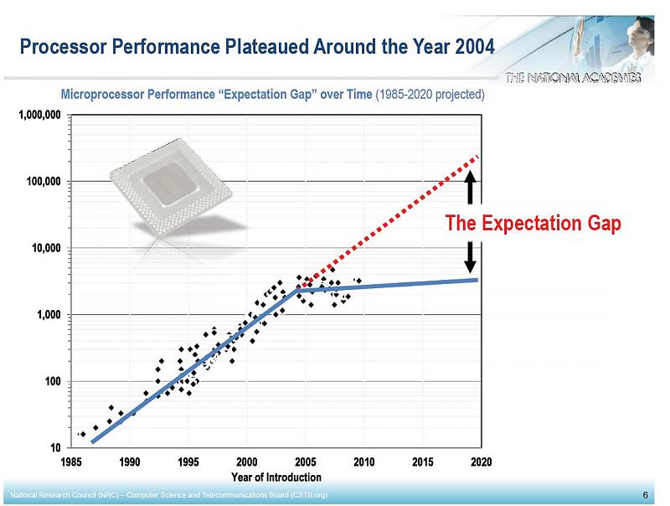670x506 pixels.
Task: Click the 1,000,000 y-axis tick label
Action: tap(39, 114)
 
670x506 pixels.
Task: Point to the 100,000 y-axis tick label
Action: tap(42, 181)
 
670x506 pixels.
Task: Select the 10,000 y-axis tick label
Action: tap(44, 248)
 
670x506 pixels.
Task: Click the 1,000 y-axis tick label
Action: tap(48, 315)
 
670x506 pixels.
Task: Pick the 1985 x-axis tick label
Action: tap(72, 462)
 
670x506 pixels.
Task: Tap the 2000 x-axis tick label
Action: tap(247, 462)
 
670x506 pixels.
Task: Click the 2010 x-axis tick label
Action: tap(363, 462)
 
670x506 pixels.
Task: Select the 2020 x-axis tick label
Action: tap(481, 462)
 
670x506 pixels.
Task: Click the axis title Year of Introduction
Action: tap(276, 477)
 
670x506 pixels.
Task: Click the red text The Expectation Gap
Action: tap(533, 224)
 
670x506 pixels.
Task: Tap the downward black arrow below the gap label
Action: tap(471, 256)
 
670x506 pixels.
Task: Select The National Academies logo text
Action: tap(574, 78)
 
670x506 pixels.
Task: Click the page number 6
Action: tap(645, 494)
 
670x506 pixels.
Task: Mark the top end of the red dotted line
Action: tap(477, 157)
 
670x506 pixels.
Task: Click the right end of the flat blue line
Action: tap(477, 279)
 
